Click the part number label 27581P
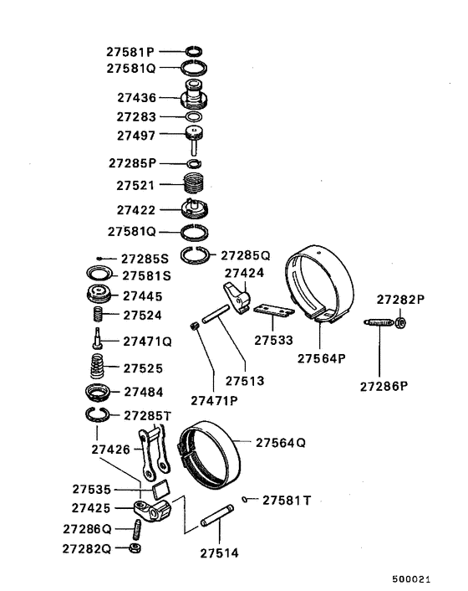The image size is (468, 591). [x=130, y=51]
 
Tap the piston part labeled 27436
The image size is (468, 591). [x=195, y=97]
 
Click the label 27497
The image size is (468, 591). [x=135, y=134]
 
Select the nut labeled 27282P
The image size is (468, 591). [x=400, y=321]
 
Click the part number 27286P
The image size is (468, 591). [x=384, y=386]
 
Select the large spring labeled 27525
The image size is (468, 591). [x=99, y=367]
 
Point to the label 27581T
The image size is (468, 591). [x=287, y=501]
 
